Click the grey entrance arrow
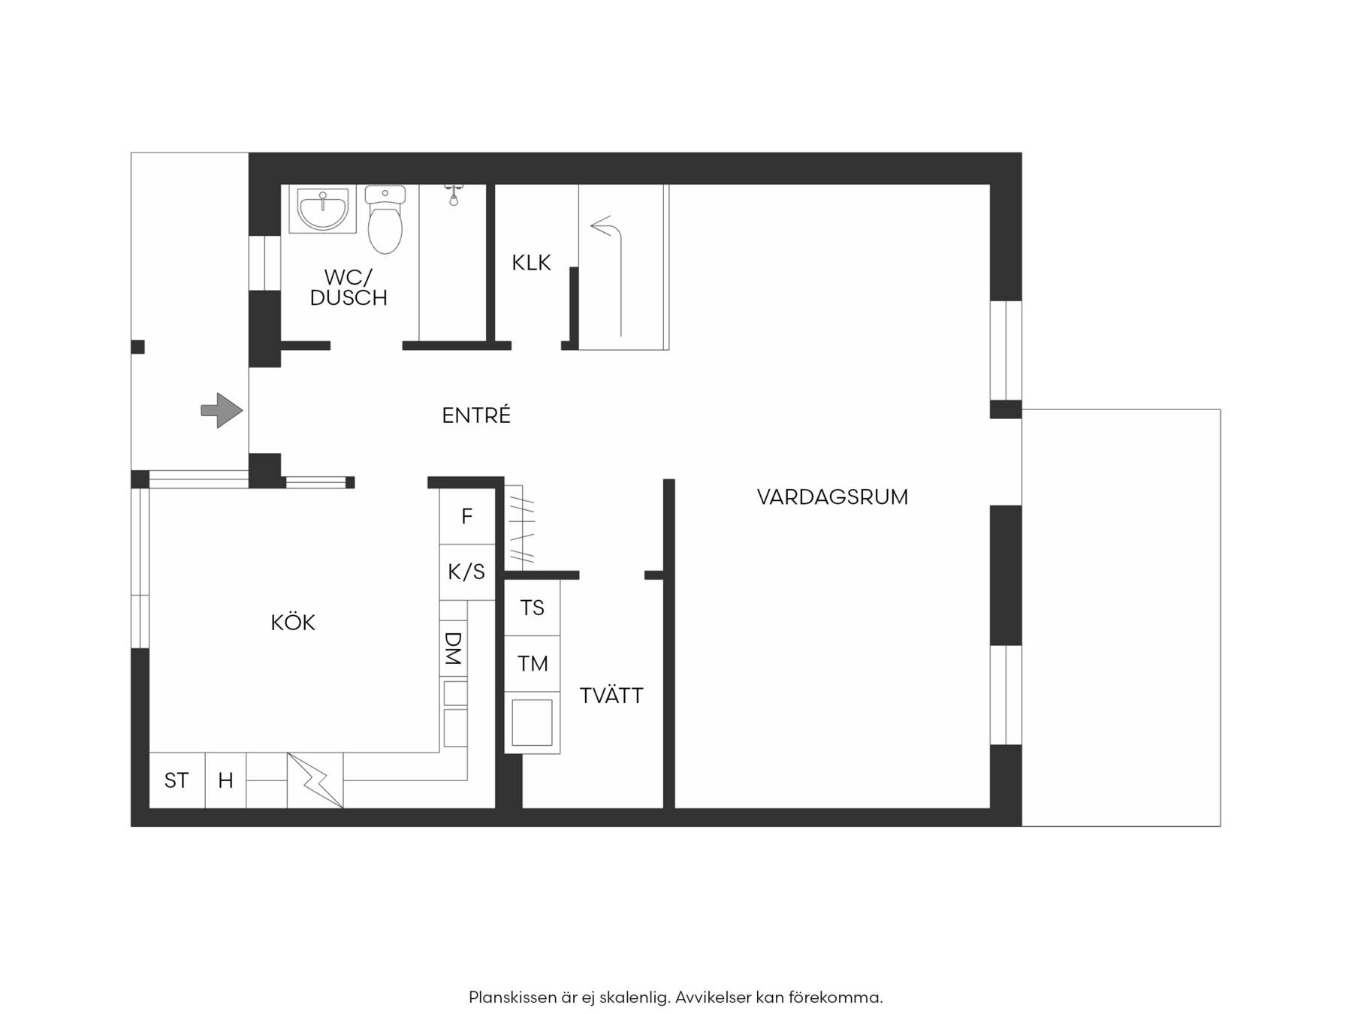(222, 411)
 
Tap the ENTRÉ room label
(476, 415)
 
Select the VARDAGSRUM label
(832, 497)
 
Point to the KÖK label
(293, 622)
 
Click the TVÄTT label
(611, 696)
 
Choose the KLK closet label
(531, 263)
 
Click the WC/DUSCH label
(349, 288)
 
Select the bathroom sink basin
(323, 210)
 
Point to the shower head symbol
(454, 194)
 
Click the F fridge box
(467, 516)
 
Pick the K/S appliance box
(467, 572)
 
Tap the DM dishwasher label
(453, 648)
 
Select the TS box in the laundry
(532, 608)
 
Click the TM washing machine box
(532, 664)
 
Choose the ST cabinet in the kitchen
(177, 780)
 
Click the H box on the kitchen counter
(225, 780)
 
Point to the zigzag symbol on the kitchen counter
(315, 780)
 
